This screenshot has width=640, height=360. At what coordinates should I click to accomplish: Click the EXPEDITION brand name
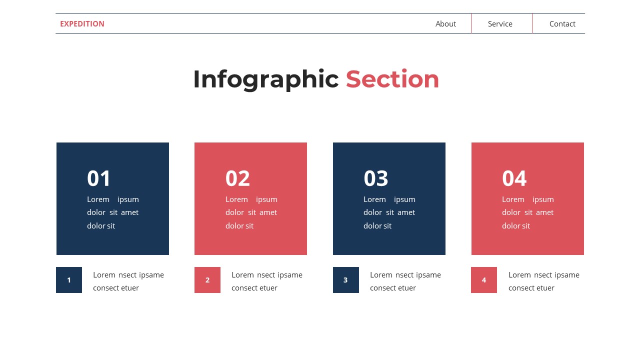click(82, 23)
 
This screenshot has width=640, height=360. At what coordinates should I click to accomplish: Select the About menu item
click(445, 23)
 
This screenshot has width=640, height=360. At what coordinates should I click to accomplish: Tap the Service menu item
click(500, 23)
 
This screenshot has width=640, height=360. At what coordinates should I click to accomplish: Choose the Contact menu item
click(562, 23)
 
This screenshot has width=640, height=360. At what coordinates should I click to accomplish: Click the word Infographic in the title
click(265, 79)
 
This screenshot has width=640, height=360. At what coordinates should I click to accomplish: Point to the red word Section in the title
click(392, 79)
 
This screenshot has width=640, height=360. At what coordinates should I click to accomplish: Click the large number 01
click(98, 178)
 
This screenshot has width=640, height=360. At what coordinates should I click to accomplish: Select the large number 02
click(237, 178)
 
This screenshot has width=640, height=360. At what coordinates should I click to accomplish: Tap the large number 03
click(376, 178)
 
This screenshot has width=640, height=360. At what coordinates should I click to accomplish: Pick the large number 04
click(514, 178)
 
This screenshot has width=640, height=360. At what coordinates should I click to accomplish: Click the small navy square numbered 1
click(69, 280)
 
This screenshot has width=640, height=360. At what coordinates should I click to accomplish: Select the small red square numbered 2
click(207, 280)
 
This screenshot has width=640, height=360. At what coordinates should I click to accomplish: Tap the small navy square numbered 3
click(346, 280)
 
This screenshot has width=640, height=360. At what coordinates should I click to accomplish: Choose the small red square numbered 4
click(484, 280)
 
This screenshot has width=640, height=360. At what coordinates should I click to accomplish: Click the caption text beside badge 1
click(128, 281)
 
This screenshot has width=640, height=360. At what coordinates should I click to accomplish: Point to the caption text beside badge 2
click(266, 281)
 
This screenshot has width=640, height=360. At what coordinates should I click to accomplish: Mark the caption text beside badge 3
click(405, 281)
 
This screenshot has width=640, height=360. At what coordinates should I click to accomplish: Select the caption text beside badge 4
click(543, 281)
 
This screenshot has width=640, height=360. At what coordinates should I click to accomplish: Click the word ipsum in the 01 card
click(128, 199)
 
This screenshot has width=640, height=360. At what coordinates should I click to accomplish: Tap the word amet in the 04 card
click(544, 212)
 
